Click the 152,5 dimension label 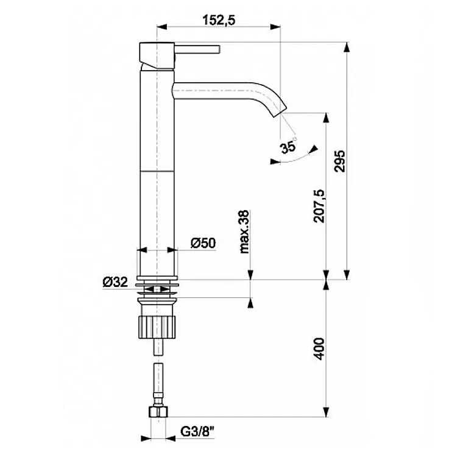pos(219,20)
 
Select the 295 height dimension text pos(340,161)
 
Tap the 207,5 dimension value pos(319,207)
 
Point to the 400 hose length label pos(319,349)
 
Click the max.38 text pos(244,232)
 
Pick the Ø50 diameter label pos(203,243)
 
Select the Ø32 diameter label pos(115,282)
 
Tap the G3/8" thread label pos(197,431)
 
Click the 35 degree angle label pos(289,147)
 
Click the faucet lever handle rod pos(197,49)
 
